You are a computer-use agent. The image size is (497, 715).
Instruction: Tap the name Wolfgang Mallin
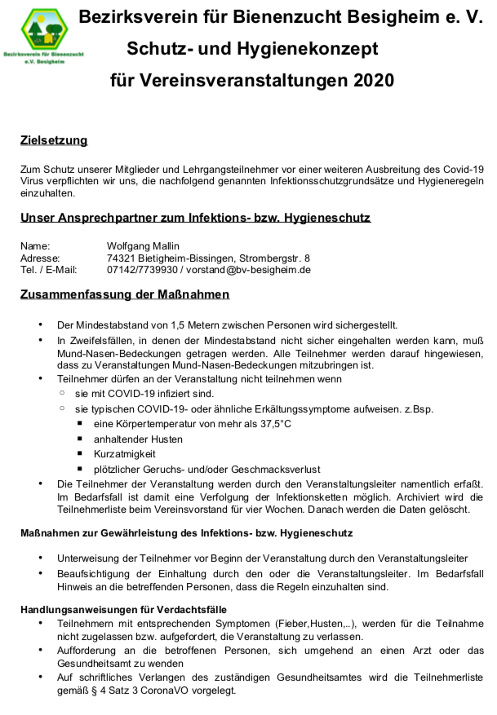tap(143, 245)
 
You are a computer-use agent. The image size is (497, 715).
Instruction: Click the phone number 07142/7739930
tap(142, 270)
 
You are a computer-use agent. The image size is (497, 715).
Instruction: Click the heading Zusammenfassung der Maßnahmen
tap(124, 294)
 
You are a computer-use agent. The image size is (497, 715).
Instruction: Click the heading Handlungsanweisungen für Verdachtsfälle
tap(122, 609)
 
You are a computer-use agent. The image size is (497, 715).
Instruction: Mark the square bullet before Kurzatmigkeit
tap(80, 453)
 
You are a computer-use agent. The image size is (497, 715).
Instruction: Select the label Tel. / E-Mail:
tap(48, 270)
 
